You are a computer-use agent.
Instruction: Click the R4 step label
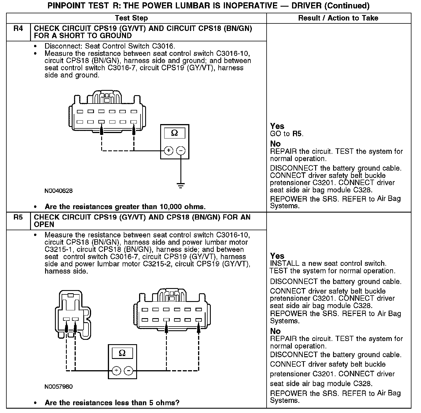click(x=18, y=29)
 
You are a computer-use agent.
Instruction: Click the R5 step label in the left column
click(x=18, y=217)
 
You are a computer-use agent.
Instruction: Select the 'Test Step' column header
click(x=131, y=18)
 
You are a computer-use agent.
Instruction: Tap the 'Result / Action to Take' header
click(x=338, y=18)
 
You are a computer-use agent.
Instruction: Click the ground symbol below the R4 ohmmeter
click(x=181, y=185)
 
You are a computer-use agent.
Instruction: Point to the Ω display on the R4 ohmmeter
click(x=175, y=133)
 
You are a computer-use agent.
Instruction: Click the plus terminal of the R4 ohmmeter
click(x=169, y=151)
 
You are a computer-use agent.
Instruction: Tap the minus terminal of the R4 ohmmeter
click(x=181, y=151)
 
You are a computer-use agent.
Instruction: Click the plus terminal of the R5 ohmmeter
click(x=116, y=371)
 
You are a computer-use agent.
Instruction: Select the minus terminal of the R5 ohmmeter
click(x=128, y=371)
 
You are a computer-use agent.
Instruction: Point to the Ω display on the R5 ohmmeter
click(x=122, y=353)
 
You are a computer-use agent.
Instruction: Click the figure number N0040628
click(x=58, y=191)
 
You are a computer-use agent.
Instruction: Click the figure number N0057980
click(x=58, y=387)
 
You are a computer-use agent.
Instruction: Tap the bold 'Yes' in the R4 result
click(x=277, y=126)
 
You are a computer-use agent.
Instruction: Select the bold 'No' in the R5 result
click(x=275, y=331)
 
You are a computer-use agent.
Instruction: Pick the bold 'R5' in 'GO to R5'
click(x=297, y=134)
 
